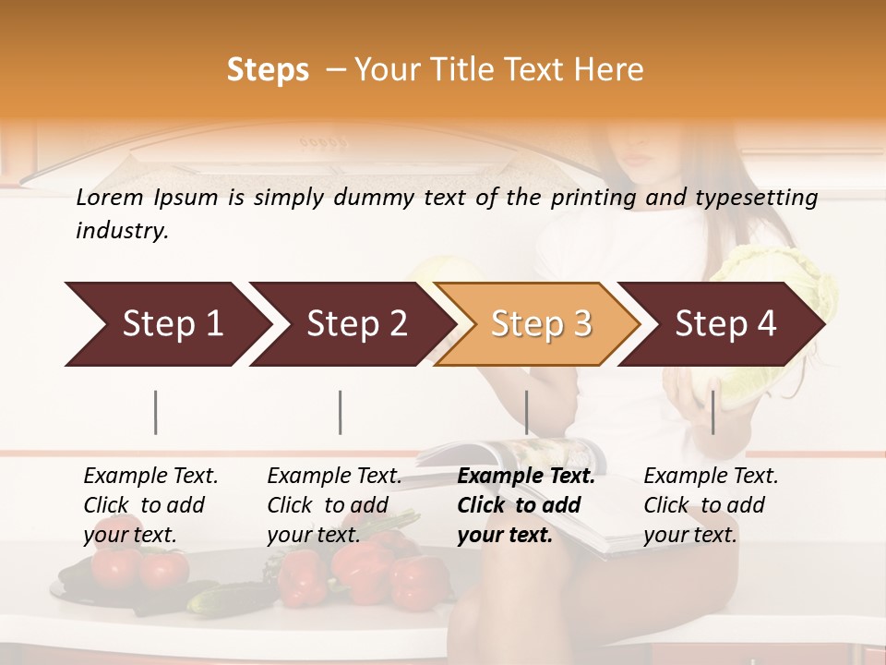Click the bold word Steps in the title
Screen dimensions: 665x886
(x=268, y=70)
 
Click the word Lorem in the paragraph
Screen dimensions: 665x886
(x=110, y=198)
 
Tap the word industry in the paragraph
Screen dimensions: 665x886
(x=121, y=231)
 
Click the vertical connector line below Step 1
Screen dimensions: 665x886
(x=156, y=412)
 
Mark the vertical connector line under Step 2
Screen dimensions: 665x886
(x=341, y=412)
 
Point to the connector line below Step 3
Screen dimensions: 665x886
(x=526, y=412)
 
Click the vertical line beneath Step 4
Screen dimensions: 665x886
(x=712, y=412)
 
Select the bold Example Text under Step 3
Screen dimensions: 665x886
(x=526, y=477)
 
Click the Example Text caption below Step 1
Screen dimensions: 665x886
(x=150, y=477)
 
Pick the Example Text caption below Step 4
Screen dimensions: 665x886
(x=711, y=477)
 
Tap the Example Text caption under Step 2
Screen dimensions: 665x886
(x=334, y=477)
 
